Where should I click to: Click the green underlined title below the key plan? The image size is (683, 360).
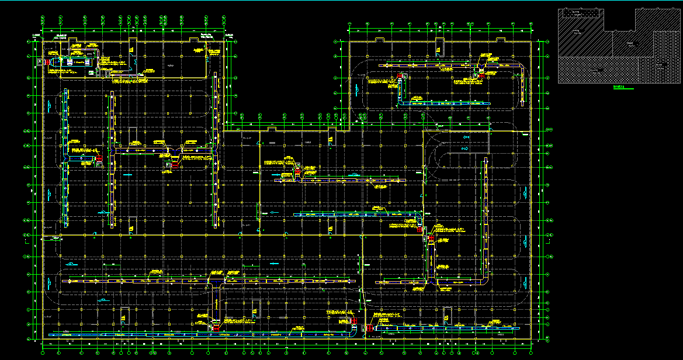(620, 88)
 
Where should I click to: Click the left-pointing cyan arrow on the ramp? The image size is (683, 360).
(466, 136)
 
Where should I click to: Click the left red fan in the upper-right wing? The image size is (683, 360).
(400, 75)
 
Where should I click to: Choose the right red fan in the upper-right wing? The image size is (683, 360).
(480, 74)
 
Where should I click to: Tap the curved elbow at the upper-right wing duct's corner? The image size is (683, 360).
(522, 70)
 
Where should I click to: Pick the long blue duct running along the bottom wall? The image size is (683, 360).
(175, 334)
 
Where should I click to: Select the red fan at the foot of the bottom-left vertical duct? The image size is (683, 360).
(216, 329)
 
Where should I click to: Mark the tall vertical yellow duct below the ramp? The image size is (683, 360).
(485, 222)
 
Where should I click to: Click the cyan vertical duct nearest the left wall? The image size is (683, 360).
(65, 158)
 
